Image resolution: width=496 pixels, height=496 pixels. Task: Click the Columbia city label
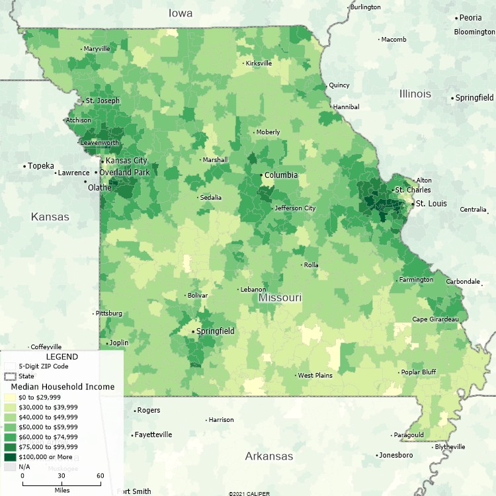coord(281,175)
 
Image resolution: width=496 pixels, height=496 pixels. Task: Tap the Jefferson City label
coord(296,208)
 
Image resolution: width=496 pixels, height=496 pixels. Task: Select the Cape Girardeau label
coord(435,319)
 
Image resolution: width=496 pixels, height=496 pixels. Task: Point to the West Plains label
coord(315,376)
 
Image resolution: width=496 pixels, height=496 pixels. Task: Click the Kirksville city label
coord(259,63)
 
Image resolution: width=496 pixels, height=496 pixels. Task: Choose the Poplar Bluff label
coord(419,372)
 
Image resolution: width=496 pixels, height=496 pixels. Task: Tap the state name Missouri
coord(280,298)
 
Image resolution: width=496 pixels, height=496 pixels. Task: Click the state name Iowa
coord(180,13)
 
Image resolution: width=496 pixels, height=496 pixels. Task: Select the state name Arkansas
coord(269,456)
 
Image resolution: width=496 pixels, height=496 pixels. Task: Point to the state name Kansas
coord(50,217)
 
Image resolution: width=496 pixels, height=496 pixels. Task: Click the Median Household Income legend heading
coord(62,387)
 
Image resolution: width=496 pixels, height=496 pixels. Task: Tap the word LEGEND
coord(62,357)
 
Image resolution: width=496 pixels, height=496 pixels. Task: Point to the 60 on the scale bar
coord(100,476)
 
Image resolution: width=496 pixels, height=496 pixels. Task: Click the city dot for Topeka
coord(24,166)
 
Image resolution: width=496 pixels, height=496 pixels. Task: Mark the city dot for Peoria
coord(456,19)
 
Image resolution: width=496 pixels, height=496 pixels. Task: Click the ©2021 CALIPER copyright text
coord(249,493)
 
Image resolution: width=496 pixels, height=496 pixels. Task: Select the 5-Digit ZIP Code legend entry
coord(43,366)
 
